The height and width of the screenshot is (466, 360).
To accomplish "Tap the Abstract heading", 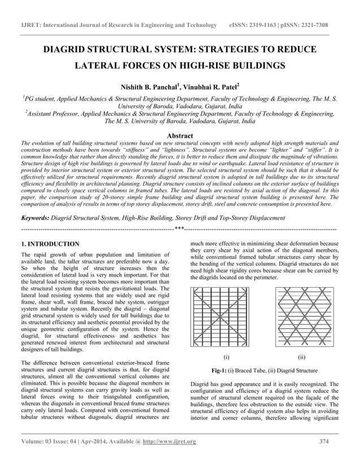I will pyautogui.click(x=179, y=135).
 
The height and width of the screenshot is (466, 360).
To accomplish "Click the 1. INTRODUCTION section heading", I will pyautogui.click(x=50, y=244).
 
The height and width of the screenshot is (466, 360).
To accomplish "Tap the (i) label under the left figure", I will pyautogui.click(x=226, y=357).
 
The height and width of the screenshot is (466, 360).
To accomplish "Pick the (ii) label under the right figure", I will pyautogui.click(x=301, y=357).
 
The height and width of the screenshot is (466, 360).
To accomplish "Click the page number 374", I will pyautogui.click(x=324, y=441).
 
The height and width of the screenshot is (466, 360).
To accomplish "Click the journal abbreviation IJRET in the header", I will pyautogui.click(x=29, y=25).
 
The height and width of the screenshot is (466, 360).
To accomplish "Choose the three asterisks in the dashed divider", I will pyautogui.click(x=179, y=229).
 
